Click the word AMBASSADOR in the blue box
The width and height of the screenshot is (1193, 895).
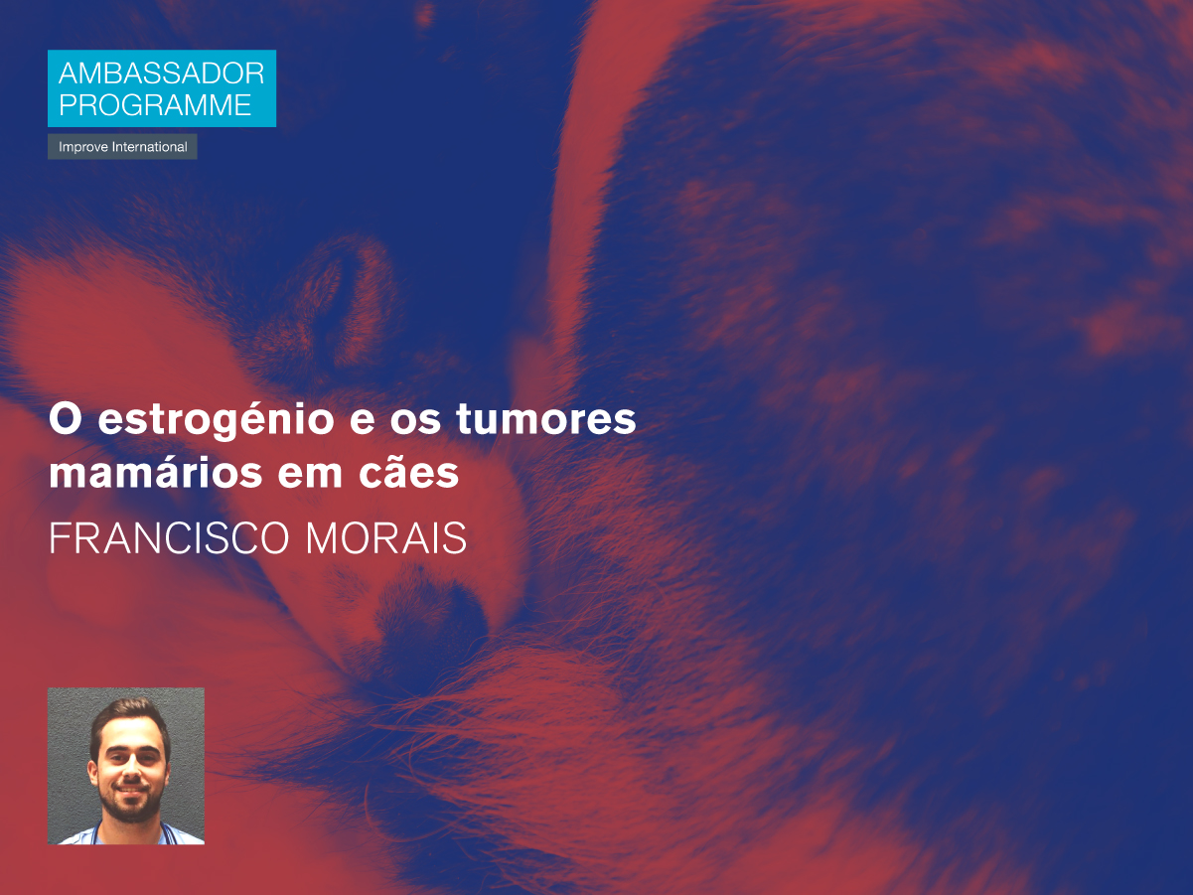(x=162, y=74)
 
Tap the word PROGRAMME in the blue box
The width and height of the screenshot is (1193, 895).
(x=155, y=105)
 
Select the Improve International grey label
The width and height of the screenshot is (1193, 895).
(x=122, y=147)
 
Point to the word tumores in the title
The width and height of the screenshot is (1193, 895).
(x=545, y=419)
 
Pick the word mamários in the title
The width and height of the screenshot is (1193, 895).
(x=156, y=473)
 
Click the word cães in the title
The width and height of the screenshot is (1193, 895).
(x=408, y=472)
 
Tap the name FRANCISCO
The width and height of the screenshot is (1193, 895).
(x=169, y=538)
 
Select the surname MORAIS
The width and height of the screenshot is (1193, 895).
(x=385, y=538)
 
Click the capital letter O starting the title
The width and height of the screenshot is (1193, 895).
(x=66, y=419)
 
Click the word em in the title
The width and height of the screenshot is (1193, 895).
(x=310, y=475)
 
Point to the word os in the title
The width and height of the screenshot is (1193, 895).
(x=415, y=422)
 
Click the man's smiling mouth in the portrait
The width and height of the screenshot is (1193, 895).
(x=130, y=789)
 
